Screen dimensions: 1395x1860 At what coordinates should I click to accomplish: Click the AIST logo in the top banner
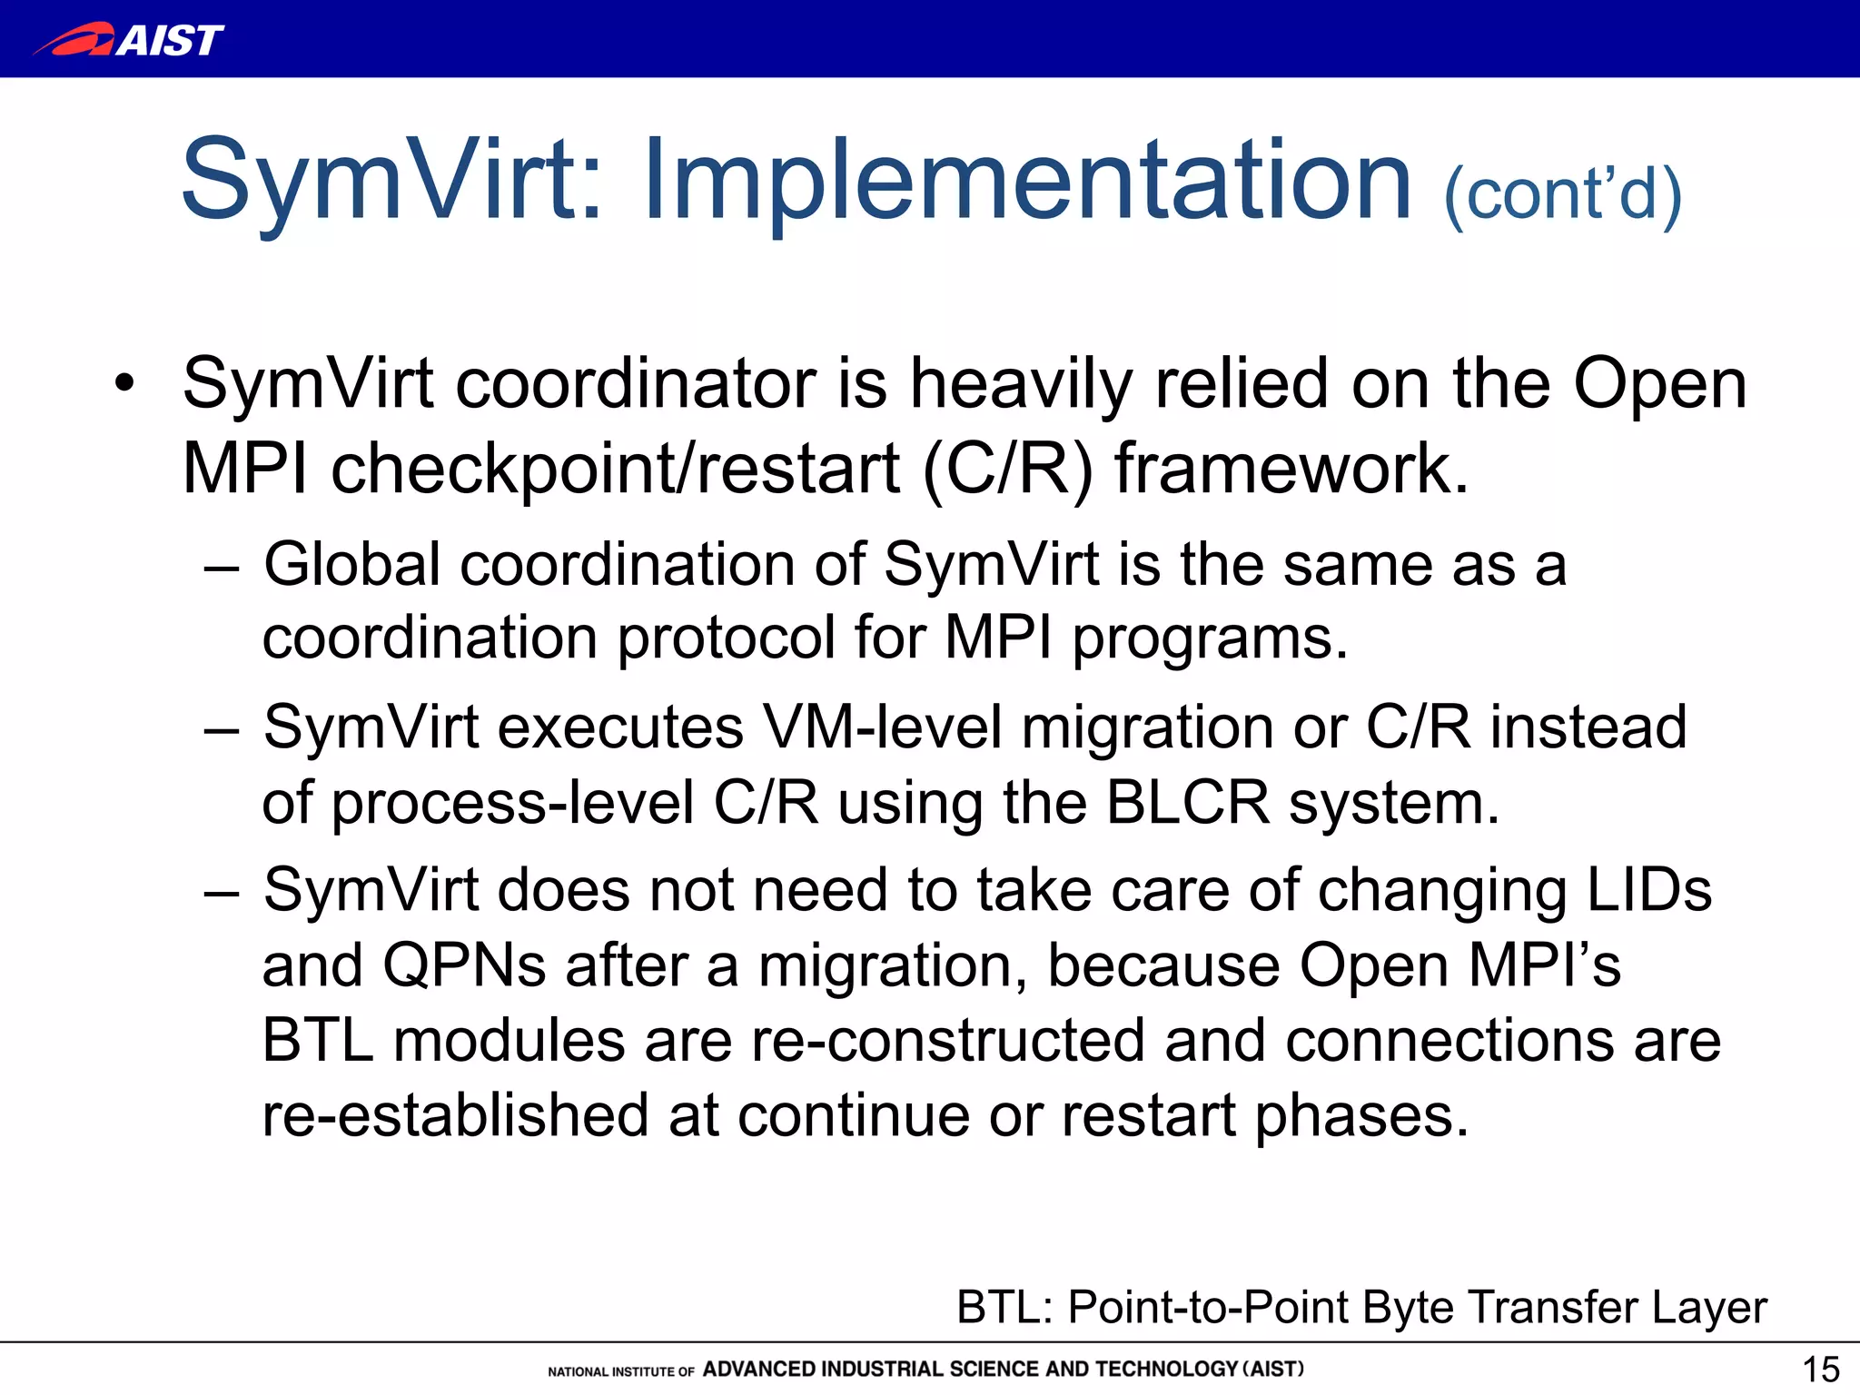point(129,39)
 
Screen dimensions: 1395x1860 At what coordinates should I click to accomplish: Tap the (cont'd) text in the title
point(1562,193)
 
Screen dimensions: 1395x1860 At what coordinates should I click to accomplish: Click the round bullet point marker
point(124,383)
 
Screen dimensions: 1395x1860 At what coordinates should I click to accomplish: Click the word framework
point(1291,470)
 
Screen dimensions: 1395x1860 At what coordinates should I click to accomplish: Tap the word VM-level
point(882,727)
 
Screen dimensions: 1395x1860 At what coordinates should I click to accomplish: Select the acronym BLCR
point(1187,804)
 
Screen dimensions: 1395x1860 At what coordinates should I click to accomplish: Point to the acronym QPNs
point(464,965)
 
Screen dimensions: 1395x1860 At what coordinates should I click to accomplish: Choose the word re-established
point(455,1116)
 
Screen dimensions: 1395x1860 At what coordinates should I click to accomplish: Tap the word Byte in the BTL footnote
point(1408,1309)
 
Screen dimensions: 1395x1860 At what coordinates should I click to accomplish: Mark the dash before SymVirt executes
point(221,729)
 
